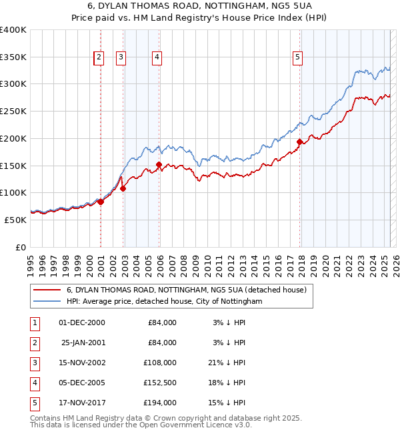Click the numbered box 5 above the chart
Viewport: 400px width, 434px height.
point(297,57)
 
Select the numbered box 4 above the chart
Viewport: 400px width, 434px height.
point(156,57)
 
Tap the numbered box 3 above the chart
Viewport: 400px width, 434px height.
point(121,57)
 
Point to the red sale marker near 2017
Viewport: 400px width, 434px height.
point(300,142)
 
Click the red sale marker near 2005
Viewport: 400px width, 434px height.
point(159,164)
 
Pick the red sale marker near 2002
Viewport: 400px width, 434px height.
point(123,188)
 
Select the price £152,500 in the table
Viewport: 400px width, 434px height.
point(159,383)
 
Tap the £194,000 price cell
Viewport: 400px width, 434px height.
point(159,403)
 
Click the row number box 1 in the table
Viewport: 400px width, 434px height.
point(34,322)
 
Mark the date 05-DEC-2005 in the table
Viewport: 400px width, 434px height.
point(82,383)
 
